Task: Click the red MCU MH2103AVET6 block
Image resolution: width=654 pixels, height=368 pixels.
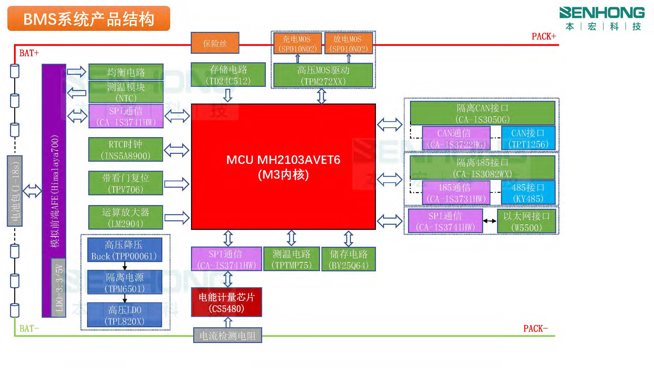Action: [x=283, y=167]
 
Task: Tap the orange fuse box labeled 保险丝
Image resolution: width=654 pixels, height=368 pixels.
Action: [x=215, y=43]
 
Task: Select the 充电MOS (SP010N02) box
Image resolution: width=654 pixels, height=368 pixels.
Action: [x=297, y=43]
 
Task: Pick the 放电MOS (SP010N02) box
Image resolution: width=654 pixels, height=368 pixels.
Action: [x=348, y=43]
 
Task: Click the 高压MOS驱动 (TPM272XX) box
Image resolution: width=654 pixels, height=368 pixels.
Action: [x=323, y=75]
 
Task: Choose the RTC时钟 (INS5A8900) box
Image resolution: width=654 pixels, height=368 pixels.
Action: [x=125, y=150]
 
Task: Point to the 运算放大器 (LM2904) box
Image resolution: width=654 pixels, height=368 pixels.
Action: [x=125, y=218]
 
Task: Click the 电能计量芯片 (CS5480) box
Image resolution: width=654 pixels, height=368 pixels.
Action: [x=226, y=302]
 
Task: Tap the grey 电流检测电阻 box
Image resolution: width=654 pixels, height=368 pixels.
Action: [x=228, y=335]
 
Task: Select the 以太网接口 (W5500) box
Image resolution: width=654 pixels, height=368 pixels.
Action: [x=526, y=221]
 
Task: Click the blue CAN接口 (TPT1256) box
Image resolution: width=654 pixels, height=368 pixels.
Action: [x=528, y=138]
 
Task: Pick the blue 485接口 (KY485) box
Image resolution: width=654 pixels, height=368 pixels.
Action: [x=528, y=193]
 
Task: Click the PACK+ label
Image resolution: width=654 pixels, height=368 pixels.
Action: [x=544, y=36]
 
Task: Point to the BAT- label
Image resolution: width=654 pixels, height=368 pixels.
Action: [x=29, y=329]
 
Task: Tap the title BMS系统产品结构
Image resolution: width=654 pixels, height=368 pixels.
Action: [x=89, y=19]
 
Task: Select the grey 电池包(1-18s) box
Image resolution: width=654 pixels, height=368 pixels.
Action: [x=15, y=191]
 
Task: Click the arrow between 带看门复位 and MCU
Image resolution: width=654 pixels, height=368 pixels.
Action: [x=177, y=184]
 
